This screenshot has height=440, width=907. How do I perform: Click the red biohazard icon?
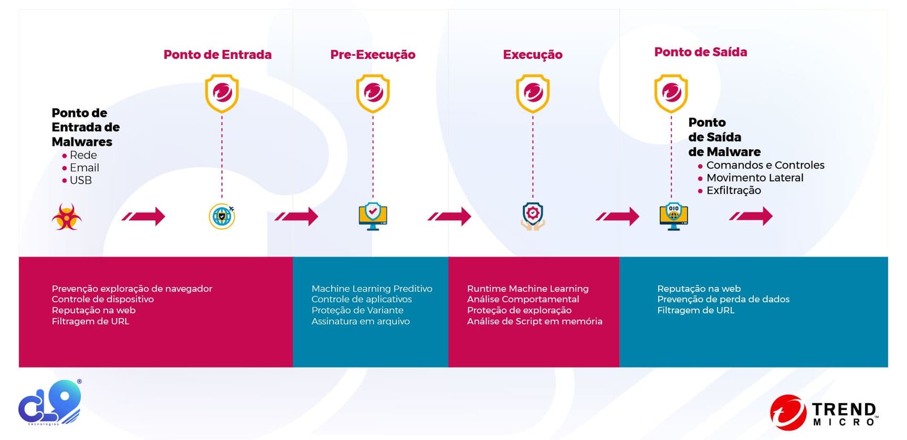pyautogui.click(x=66, y=216)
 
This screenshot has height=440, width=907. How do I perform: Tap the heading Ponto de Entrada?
pyautogui.click(x=217, y=55)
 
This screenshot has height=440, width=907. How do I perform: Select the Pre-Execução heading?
pyautogui.click(x=372, y=55)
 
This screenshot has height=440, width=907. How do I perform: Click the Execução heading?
pyautogui.click(x=532, y=55)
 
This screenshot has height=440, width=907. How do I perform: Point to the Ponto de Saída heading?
pyautogui.click(x=700, y=52)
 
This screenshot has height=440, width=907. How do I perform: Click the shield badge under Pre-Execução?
pyautogui.click(x=372, y=93)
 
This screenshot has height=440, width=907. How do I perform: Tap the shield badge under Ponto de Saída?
pyautogui.click(x=671, y=93)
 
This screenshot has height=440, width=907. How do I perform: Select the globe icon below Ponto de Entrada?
pyautogui.click(x=222, y=216)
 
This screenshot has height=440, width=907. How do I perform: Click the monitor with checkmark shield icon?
pyautogui.click(x=372, y=216)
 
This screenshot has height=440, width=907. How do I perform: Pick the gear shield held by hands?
pyautogui.click(x=532, y=216)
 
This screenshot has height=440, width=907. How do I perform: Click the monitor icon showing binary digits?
pyautogui.click(x=673, y=216)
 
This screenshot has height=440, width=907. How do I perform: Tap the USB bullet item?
pyautogui.click(x=80, y=181)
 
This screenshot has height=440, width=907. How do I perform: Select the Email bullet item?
pyautogui.click(x=84, y=168)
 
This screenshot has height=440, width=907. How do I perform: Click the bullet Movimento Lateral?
pyautogui.click(x=755, y=178)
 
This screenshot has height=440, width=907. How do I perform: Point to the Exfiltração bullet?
pyautogui.click(x=733, y=191)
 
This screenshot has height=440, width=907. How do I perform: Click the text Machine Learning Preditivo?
pyautogui.click(x=371, y=288)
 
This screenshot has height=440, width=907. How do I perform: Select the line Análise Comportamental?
pyautogui.click(x=523, y=299)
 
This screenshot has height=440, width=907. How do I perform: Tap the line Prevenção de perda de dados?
pyautogui.click(x=723, y=299)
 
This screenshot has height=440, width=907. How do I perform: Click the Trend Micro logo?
pyautogui.click(x=824, y=413)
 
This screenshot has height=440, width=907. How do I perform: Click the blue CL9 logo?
pyautogui.click(x=50, y=403)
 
